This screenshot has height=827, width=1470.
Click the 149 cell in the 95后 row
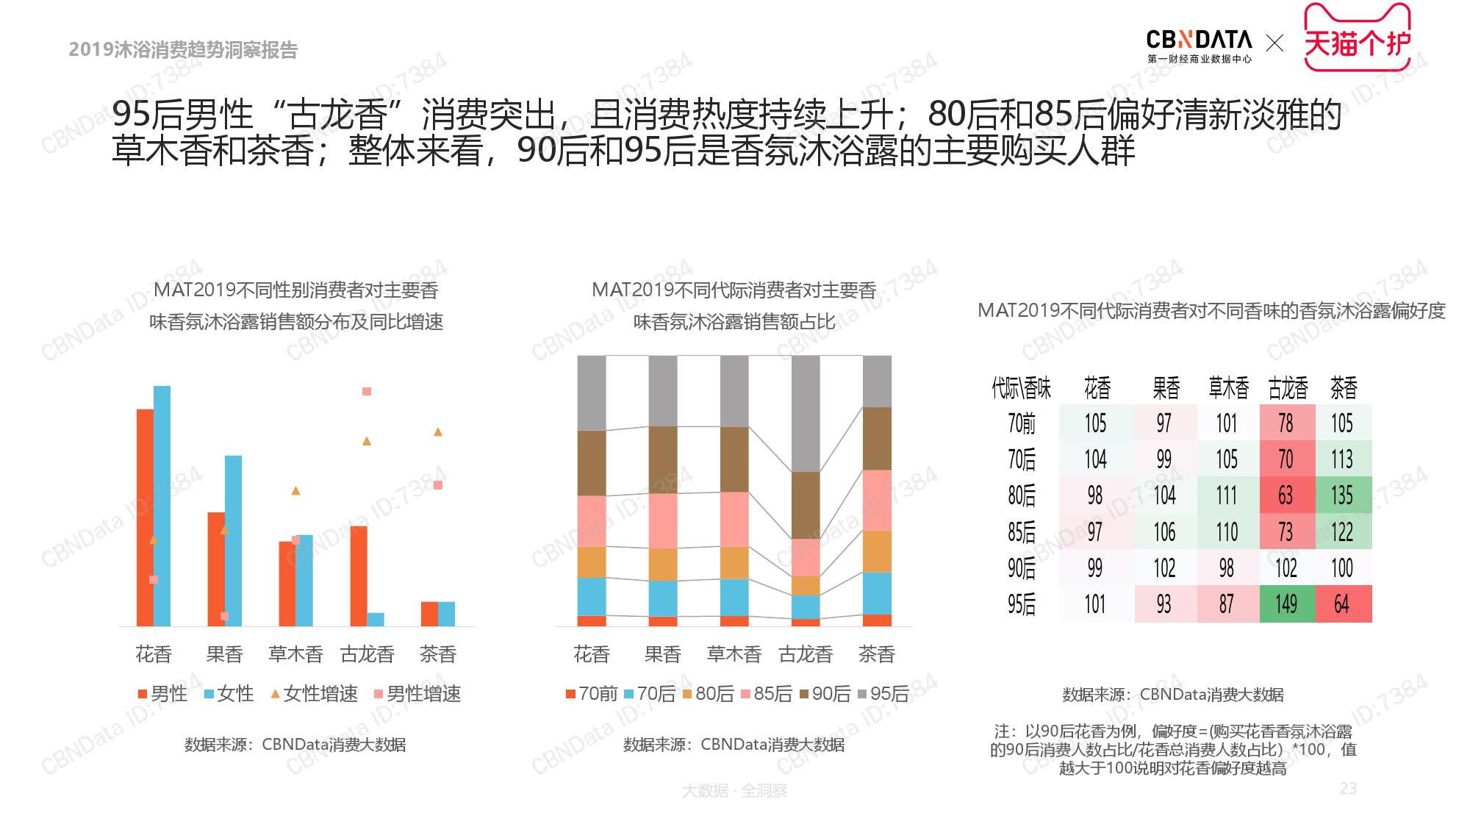tap(1286, 604)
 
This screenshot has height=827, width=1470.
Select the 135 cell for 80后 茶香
tap(1343, 495)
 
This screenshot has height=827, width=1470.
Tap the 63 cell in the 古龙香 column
tap(1286, 495)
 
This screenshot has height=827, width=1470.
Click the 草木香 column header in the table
tap(1228, 387)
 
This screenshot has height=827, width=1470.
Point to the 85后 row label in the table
tap(1022, 531)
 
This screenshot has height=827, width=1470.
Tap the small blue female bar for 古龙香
tap(376, 619)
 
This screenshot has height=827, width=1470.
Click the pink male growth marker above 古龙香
tap(367, 391)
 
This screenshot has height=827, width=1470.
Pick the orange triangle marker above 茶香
tap(438, 432)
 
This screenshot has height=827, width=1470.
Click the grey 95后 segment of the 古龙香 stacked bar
tap(806, 413)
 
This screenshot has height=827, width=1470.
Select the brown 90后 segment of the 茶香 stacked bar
tap(877, 438)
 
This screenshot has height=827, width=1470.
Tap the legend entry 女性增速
tap(314, 693)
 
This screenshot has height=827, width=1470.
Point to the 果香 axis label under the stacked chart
tap(663, 654)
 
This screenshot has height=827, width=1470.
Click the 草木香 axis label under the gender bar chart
tap(295, 654)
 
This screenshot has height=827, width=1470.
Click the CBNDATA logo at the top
tap(1199, 46)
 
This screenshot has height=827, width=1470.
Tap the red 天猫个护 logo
tap(1357, 40)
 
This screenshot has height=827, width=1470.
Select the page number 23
tap(1348, 788)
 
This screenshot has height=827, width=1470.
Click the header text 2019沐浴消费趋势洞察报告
tap(183, 49)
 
